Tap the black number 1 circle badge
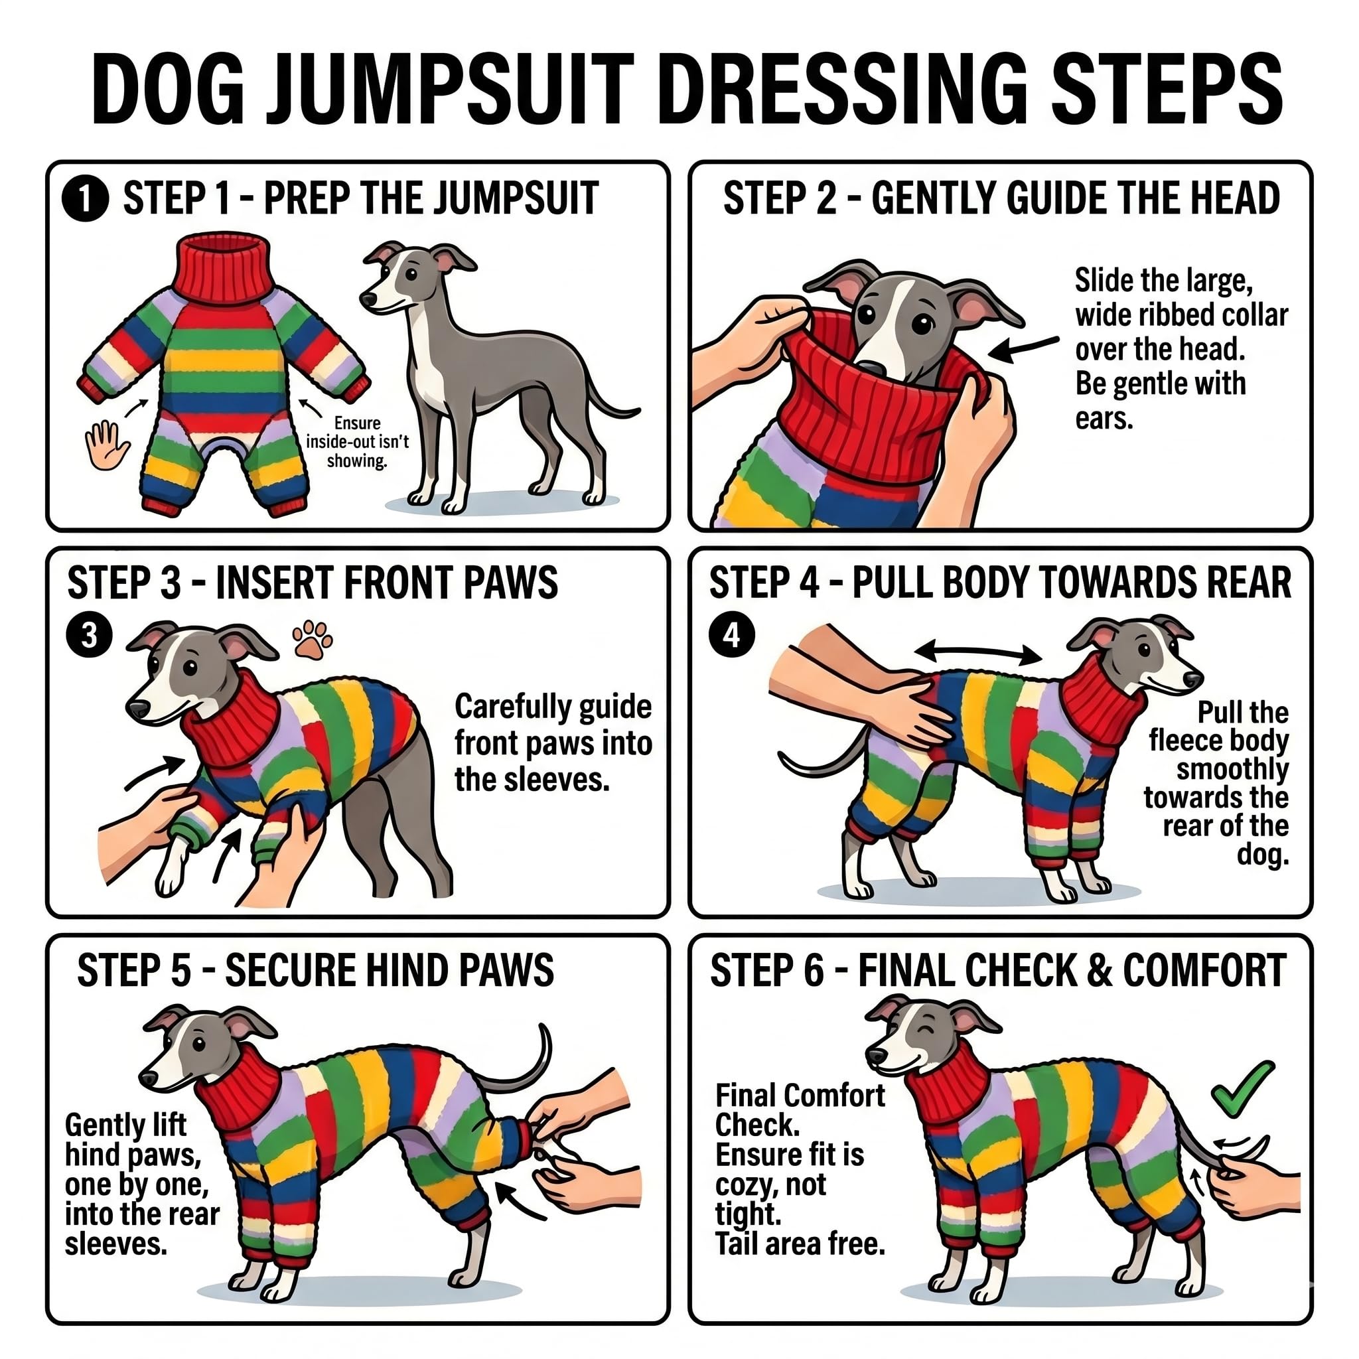coord(85,199)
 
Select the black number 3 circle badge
coord(89,635)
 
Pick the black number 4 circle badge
coord(731,635)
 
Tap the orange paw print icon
coord(313,639)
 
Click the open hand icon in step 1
coord(107,445)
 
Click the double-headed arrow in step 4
coord(977,652)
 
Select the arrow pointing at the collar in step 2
coord(1023,348)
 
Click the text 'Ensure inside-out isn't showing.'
coord(358,442)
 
